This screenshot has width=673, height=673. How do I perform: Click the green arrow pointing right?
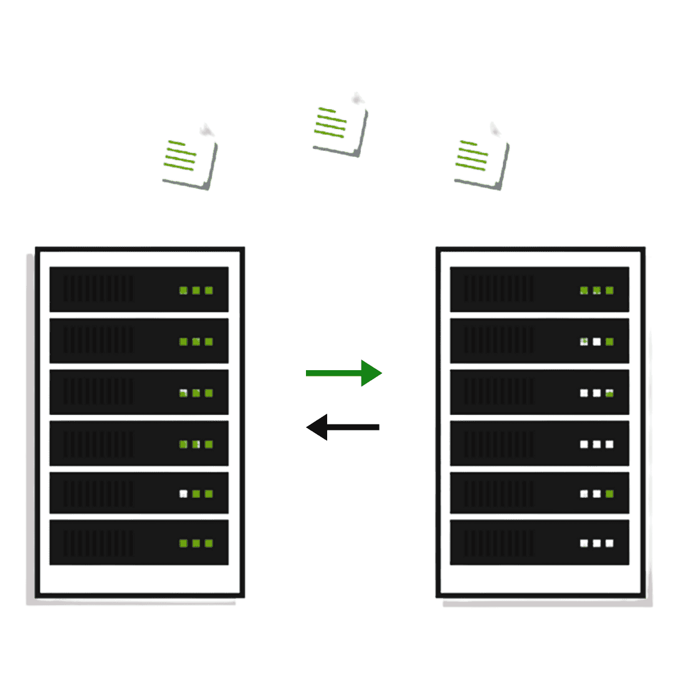[x=343, y=373]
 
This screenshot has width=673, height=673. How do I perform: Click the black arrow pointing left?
[x=343, y=427]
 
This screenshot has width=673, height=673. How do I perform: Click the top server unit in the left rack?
[x=139, y=289]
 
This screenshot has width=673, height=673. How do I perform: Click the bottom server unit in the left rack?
[x=139, y=543]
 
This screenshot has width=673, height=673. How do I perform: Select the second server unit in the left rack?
[x=139, y=341]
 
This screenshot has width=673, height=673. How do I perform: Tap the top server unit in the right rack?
[x=540, y=289]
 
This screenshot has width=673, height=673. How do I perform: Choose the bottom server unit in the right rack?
[x=540, y=543]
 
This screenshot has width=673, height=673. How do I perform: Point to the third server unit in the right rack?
[x=540, y=392]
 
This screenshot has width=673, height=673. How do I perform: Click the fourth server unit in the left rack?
[x=139, y=443]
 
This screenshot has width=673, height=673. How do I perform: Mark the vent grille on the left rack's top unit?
[x=98, y=289]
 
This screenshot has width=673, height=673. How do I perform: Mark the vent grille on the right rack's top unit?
[x=499, y=289]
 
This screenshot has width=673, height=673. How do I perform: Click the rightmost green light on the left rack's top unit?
[x=209, y=290]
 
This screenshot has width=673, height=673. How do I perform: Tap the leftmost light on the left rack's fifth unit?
[x=184, y=494]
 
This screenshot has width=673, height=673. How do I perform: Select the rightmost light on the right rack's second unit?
[x=609, y=341]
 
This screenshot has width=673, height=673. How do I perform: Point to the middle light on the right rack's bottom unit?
[x=597, y=543]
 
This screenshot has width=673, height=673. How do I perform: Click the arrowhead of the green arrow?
[x=371, y=373]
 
